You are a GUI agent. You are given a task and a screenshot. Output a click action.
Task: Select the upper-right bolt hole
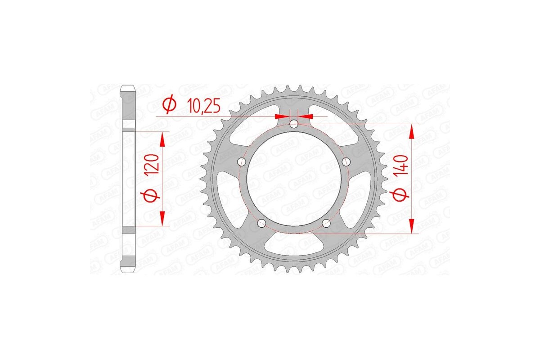[346, 162]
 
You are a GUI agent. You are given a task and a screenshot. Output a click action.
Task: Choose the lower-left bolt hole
[261, 223]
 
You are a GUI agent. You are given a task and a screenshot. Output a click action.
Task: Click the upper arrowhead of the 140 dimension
[411, 132]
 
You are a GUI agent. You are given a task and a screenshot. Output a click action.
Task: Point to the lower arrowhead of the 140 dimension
[411, 226]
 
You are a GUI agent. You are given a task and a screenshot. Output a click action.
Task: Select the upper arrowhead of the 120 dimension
[162, 139]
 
